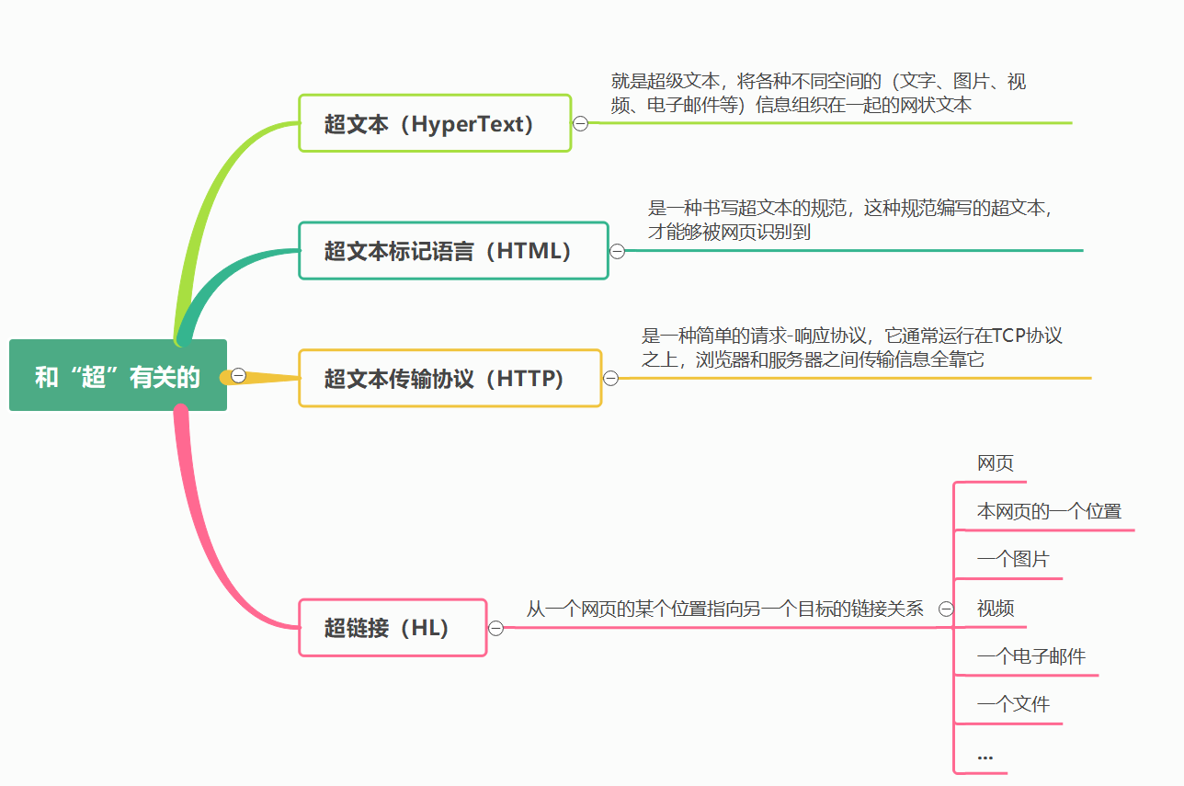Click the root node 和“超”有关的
118,376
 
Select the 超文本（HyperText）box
435,123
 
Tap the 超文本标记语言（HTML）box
453,250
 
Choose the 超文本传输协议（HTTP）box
450,378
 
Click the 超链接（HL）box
393,628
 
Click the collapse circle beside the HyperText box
581,123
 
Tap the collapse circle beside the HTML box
618,251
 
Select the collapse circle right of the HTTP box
611,378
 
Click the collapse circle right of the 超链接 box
496,628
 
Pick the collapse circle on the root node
239,375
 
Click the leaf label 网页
996,463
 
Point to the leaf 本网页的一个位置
1049,511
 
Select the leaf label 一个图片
1013,559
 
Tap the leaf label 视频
996,609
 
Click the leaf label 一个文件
1013,704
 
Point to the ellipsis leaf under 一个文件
985,756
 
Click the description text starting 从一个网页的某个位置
724,609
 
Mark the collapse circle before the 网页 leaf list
946,609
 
